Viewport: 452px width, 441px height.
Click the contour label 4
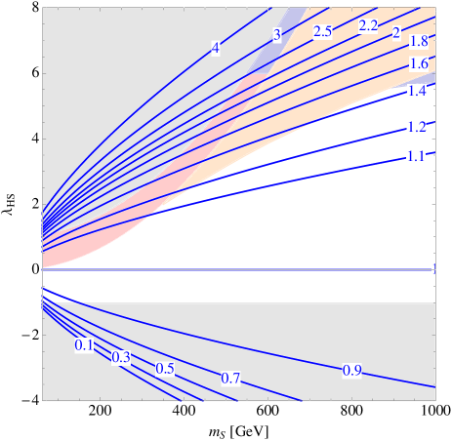pyautogui.click(x=215, y=48)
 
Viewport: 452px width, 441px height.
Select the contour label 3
pyautogui.click(x=276, y=36)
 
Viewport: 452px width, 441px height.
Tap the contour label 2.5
pyautogui.click(x=322, y=32)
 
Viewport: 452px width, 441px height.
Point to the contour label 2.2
pyautogui.click(x=368, y=26)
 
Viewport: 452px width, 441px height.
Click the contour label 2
pyautogui.click(x=396, y=33)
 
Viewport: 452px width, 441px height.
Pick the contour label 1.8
pyautogui.click(x=418, y=42)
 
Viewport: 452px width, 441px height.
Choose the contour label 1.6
pyautogui.click(x=418, y=64)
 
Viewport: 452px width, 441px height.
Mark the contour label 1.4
pyautogui.click(x=417, y=92)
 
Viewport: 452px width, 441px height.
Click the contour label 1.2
pyautogui.click(x=417, y=128)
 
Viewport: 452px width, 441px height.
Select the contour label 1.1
pyautogui.click(x=416, y=156)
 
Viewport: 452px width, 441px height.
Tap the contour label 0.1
pyautogui.click(x=84, y=345)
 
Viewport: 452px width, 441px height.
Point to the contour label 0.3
pyautogui.click(x=121, y=358)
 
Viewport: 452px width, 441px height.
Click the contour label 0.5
pyautogui.click(x=165, y=369)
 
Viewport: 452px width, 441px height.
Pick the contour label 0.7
pyautogui.click(x=230, y=379)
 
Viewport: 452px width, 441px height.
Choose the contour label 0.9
pyautogui.click(x=352, y=371)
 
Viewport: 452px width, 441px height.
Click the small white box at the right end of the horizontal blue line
pyautogui.click(x=433, y=270)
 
